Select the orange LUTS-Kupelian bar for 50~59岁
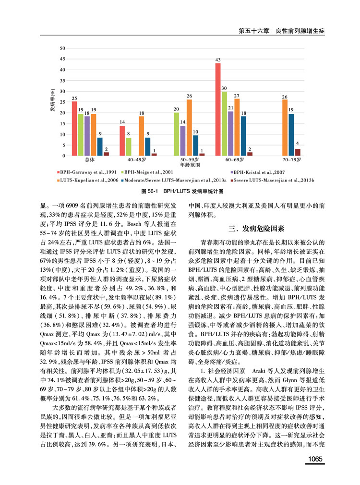(x=189, y=127)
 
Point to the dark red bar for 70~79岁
(x=298, y=152)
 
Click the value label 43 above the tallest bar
(x=217, y=60)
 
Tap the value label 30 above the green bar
(x=224, y=88)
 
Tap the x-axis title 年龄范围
(x=188, y=165)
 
